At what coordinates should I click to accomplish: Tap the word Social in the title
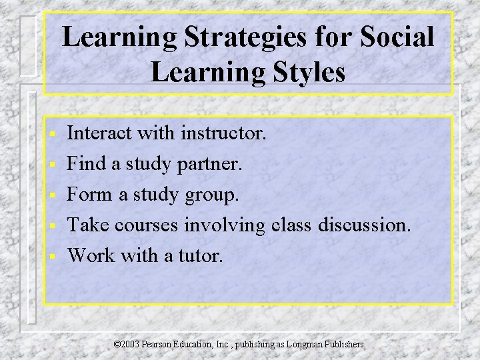397,37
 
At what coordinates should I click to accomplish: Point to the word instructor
223,133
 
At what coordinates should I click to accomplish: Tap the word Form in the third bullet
91,194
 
